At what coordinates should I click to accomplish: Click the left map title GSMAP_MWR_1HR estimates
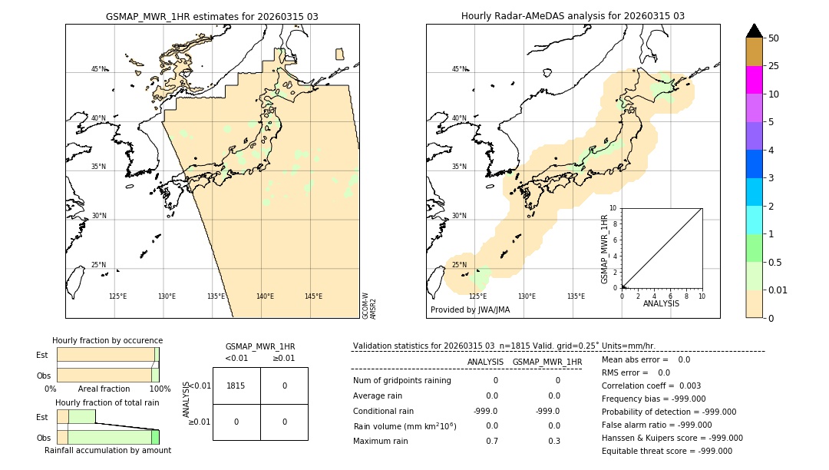pos(212,16)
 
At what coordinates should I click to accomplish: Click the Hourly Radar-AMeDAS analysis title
pos(573,16)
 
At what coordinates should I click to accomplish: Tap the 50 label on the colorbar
pos(774,38)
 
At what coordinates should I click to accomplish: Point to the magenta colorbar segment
pos(754,80)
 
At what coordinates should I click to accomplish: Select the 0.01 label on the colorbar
pos(778,290)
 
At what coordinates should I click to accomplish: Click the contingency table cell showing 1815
pos(236,386)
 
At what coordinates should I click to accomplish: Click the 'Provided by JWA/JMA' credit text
pos(470,310)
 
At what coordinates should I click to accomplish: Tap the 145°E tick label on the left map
pos(313,296)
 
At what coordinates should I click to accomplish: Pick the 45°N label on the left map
pos(99,69)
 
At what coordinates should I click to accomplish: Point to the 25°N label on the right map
pos(459,265)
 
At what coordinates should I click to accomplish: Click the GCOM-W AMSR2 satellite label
pos(369,305)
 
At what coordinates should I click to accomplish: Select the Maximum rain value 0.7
pos(492,441)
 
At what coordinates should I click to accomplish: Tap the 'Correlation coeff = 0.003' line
pos(651,386)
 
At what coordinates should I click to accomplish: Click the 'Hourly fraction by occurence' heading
pos(107,340)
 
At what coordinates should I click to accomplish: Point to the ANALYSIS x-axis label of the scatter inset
pos(661,303)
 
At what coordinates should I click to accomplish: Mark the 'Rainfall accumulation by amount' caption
pos(107,450)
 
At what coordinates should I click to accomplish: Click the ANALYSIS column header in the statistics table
pos(485,362)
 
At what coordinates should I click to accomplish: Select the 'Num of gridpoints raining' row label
pos(401,381)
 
